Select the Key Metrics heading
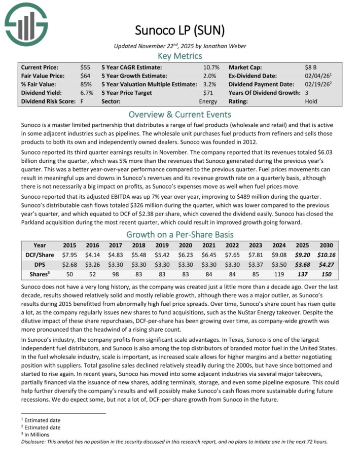coord(179,56)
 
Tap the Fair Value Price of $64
coord(86,76)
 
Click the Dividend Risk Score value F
coord(82,101)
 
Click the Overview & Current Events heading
coord(179,114)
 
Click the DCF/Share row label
coord(39,255)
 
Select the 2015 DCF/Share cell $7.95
coord(70,255)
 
